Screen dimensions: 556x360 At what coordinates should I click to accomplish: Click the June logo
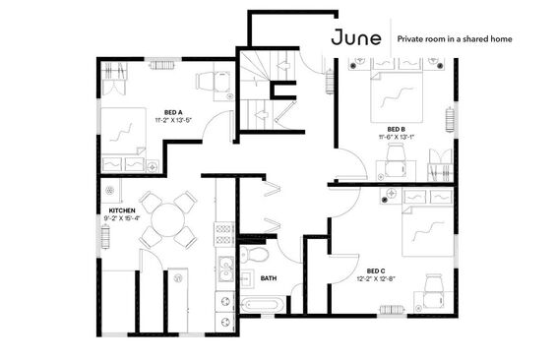click(356, 38)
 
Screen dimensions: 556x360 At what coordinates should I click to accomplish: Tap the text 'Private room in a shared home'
click(455, 39)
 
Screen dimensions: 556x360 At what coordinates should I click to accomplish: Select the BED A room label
click(173, 113)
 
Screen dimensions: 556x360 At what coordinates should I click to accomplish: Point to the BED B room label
click(396, 129)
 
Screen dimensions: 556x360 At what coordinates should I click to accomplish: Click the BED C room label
click(376, 271)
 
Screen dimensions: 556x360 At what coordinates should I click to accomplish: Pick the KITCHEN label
click(122, 210)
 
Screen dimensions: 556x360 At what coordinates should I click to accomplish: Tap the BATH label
click(269, 278)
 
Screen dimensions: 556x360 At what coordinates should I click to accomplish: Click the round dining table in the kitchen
click(167, 219)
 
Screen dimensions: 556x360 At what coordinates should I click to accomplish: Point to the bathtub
click(263, 305)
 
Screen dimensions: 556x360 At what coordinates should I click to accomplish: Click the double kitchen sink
click(225, 269)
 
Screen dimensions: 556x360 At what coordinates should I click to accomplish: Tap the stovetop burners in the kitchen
click(223, 234)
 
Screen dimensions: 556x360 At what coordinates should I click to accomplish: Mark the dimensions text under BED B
click(396, 137)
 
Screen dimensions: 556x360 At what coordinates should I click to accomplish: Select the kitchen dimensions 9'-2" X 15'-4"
click(122, 218)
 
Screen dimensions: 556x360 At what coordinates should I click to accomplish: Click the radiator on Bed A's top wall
click(162, 65)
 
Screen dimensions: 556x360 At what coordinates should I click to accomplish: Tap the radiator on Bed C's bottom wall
click(393, 310)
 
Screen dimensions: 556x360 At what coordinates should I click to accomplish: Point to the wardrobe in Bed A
click(113, 79)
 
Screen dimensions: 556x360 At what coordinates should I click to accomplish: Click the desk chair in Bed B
click(396, 160)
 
